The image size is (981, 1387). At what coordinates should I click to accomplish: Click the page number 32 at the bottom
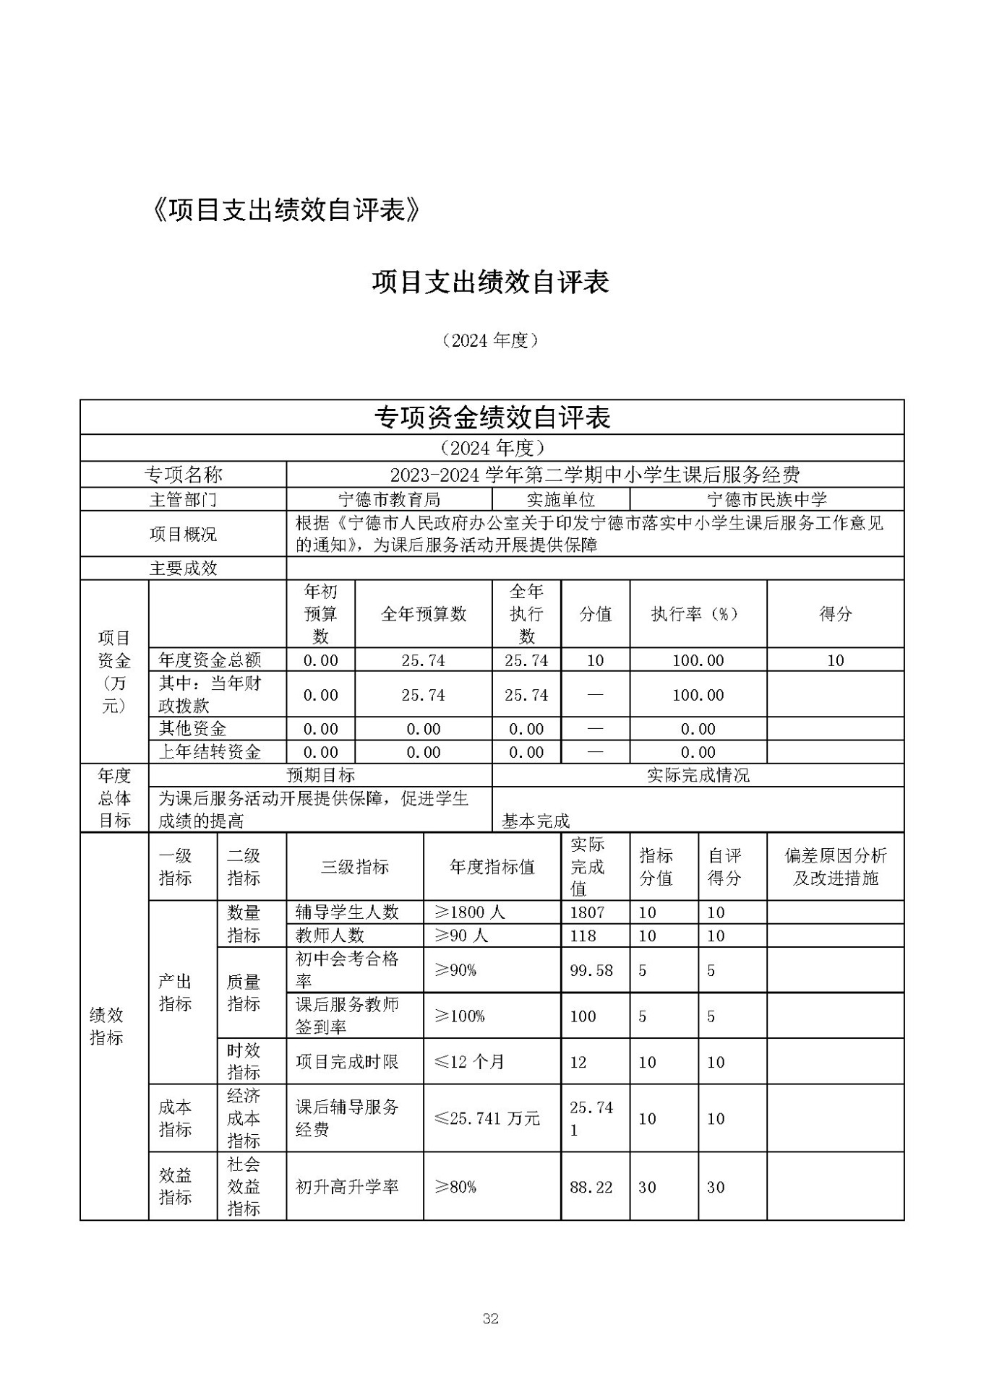(x=490, y=1318)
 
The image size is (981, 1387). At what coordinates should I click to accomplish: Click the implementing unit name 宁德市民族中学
(x=766, y=499)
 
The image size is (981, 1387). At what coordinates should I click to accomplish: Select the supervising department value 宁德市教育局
(x=389, y=499)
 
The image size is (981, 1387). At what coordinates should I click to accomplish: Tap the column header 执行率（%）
(x=698, y=614)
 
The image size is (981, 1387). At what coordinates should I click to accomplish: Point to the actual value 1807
(x=587, y=912)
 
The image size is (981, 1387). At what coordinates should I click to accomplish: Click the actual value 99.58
(x=591, y=970)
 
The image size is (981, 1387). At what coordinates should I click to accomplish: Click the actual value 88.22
(x=591, y=1187)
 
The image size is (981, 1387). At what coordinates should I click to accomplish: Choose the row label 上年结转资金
(x=210, y=752)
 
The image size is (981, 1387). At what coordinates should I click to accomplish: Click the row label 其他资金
(x=192, y=729)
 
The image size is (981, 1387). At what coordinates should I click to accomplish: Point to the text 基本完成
(x=536, y=821)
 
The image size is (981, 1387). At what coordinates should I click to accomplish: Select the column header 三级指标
(x=354, y=867)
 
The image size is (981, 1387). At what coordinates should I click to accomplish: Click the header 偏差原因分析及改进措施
(x=835, y=867)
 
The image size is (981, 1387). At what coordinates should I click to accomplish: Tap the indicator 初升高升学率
(x=347, y=1187)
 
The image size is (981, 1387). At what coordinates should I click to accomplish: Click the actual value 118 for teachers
(x=583, y=936)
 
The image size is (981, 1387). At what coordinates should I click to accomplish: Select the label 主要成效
(x=183, y=569)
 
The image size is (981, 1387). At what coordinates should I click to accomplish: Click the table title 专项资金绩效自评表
(x=492, y=418)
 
